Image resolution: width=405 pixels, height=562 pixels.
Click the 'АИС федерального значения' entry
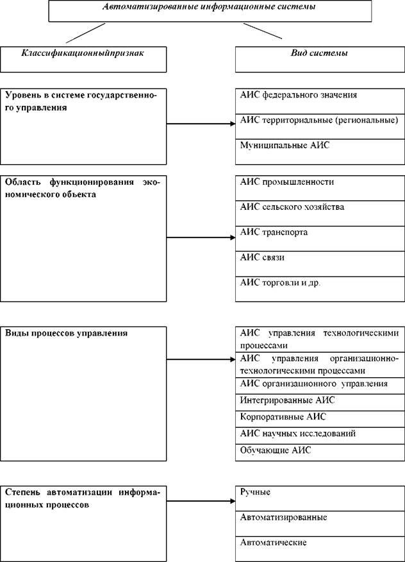[x=298, y=95]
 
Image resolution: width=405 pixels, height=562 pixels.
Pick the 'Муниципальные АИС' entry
[x=285, y=146]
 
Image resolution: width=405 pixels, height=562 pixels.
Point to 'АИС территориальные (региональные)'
[x=319, y=120]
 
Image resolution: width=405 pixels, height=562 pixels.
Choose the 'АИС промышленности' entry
[x=287, y=182]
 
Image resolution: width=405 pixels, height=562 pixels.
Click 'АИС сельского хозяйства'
[x=292, y=207]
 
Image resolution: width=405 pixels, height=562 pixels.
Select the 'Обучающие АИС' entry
[x=275, y=450]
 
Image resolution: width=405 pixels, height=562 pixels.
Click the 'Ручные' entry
[x=255, y=492]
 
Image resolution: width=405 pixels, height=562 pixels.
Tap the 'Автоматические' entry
[x=273, y=543]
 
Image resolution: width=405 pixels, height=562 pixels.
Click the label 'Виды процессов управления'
[x=67, y=334]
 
